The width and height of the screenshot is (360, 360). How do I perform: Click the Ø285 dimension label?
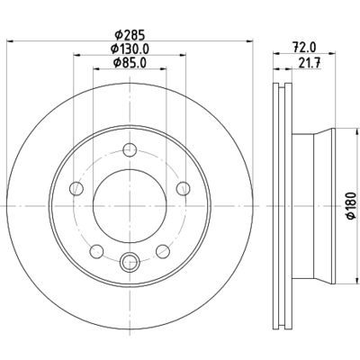pyautogui.click(x=130, y=35)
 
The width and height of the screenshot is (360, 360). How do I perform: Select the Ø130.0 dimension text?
pyautogui.click(x=130, y=49)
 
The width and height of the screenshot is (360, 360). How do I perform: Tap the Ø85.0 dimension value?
pyautogui.click(x=130, y=62)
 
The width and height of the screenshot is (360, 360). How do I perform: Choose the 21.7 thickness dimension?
pyautogui.click(x=310, y=63)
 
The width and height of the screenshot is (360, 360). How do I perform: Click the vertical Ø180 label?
pyautogui.click(x=351, y=206)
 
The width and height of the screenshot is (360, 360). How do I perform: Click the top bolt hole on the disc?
pyautogui.click(x=130, y=149)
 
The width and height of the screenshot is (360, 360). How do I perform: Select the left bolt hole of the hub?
pyautogui.click(x=76, y=189)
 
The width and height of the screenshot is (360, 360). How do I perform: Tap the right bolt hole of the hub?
pyautogui.click(x=184, y=189)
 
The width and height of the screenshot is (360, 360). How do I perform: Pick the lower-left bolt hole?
pyautogui.click(x=96, y=251)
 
